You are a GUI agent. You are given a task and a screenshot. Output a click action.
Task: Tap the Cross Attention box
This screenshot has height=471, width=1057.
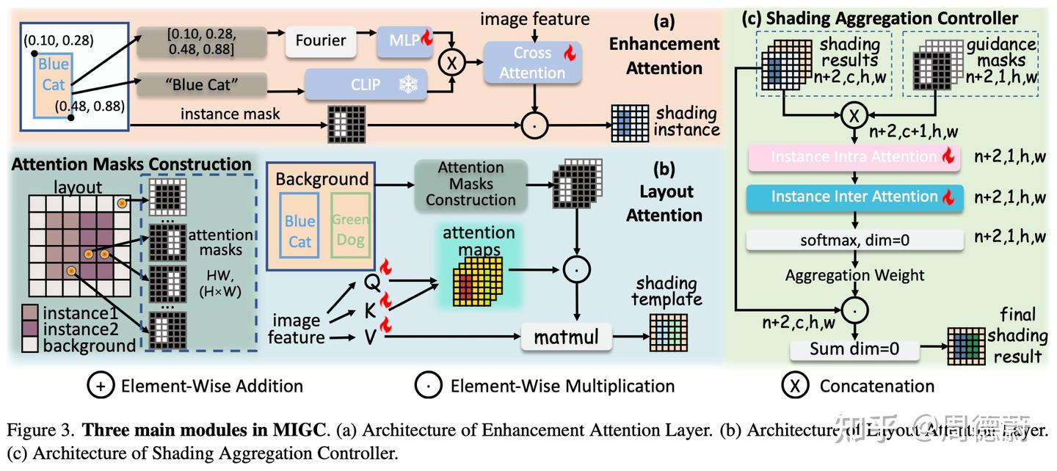pyautogui.click(x=532, y=62)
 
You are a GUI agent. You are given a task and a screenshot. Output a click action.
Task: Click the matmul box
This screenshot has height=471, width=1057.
pyautogui.click(x=566, y=337)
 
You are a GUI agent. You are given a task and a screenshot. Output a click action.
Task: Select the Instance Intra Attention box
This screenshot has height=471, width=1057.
pyautogui.click(x=854, y=157)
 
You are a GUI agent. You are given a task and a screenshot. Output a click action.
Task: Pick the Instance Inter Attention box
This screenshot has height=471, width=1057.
pyautogui.click(x=854, y=197)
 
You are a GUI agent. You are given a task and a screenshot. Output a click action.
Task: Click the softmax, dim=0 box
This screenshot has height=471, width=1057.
pyautogui.click(x=854, y=238)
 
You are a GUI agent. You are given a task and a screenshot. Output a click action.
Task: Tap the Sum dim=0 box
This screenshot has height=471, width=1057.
pyautogui.click(x=854, y=350)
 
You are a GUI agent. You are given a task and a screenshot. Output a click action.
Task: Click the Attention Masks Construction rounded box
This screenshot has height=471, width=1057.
pyautogui.click(x=471, y=183)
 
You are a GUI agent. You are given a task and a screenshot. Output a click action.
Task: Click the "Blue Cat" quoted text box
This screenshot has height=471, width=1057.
pyautogui.click(x=201, y=84)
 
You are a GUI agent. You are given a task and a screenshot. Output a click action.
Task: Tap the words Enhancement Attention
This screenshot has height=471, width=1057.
pyautogui.click(x=664, y=56)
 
